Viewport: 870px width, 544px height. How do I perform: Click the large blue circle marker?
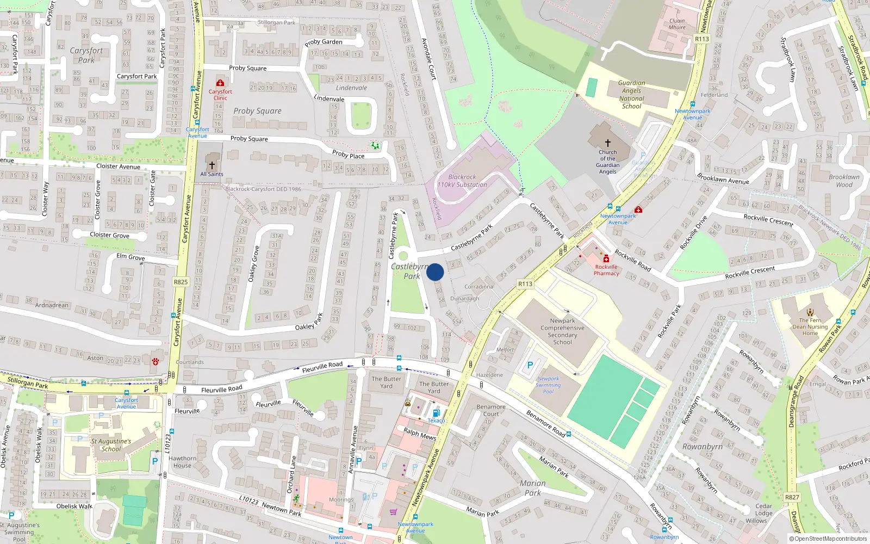click(435, 272)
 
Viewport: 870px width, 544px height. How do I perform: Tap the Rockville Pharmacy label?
click(606, 270)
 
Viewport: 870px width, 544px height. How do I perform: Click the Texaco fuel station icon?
click(436, 413)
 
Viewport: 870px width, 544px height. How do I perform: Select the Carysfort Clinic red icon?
click(220, 83)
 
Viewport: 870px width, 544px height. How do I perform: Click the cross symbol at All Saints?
click(212, 165)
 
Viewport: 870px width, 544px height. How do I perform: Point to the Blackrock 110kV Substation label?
click(462, 181)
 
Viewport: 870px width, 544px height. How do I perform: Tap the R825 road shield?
click(181, 282)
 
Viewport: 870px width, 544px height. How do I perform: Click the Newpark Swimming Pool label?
click(548, 385)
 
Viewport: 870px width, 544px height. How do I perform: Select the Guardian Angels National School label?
click(631, 95)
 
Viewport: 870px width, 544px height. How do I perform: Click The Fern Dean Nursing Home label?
click(810, 326)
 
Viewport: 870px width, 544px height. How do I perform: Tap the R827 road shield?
click(792, 497)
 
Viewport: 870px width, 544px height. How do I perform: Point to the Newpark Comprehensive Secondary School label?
click(562, 331)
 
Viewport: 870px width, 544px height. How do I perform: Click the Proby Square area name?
click(257, 111)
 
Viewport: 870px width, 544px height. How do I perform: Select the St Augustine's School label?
click(111, 445)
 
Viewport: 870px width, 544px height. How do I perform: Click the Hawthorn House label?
click(182, 462)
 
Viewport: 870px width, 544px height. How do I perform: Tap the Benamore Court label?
click(490, 410)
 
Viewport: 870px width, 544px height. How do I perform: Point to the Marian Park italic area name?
click(532, 488)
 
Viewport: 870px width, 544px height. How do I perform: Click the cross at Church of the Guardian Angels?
click(607, 143)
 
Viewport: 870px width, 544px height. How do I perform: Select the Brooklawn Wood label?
click(844, 181)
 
